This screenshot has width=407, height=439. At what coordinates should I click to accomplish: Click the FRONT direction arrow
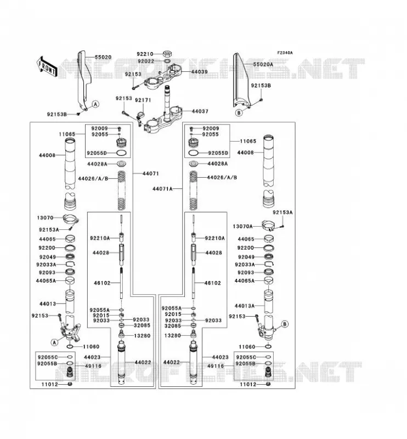click(x=47, y=66)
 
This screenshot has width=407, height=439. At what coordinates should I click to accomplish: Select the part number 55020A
click(x=263, y=64)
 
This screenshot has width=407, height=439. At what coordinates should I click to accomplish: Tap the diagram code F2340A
click(x=285, y=53)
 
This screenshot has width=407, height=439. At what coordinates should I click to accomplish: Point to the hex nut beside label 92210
click(x=167, y=53)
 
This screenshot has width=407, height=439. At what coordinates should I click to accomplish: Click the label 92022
click(x=146, y=61)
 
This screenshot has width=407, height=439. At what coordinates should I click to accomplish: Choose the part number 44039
click(x=200, y=72)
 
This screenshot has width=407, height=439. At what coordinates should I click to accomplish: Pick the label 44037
click(x=200, y=111)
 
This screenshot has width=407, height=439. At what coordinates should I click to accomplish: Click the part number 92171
click(x=143, y=100)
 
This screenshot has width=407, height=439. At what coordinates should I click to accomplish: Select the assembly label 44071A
click(x=162, y=189)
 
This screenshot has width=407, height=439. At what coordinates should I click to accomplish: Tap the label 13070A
click(x=242, y=226)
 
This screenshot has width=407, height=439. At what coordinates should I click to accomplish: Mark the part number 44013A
click(x=245, y=306)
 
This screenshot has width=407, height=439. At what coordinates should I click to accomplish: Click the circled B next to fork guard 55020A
click(x=239, y=113)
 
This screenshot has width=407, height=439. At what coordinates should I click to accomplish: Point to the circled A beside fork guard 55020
click(x=96, y=104)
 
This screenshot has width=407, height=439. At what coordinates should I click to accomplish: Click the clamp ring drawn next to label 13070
click(x=71, y=219)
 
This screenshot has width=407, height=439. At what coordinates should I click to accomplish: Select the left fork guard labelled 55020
click(x=84, y=80)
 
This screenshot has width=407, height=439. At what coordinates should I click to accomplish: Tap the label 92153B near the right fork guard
click(x=261, y=86)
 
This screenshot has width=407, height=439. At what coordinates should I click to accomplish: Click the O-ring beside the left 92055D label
click(x=121, y=153)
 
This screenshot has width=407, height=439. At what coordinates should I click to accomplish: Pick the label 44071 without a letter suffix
click(x=151, y=173)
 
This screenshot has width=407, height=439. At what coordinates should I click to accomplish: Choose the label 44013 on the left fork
click(x=48, y=304)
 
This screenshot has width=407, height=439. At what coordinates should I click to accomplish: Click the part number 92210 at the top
click(x=145, y=54)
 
